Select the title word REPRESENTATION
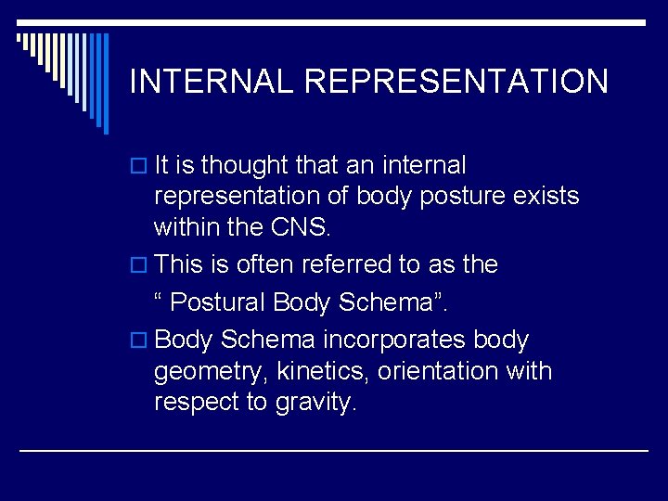(x=456, y=82)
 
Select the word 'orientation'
(x=445, y=371)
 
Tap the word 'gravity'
(x=315, y=404)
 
